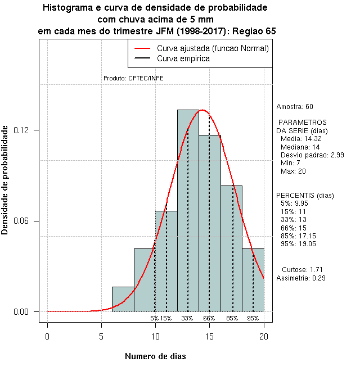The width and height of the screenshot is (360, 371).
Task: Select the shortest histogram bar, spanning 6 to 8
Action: tap(123, 299)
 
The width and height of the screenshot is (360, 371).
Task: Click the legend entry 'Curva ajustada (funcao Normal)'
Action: tap(213, 49)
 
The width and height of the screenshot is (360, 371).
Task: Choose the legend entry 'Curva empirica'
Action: tap(183, 58)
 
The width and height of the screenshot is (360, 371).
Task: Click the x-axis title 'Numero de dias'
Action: tap(155, 356)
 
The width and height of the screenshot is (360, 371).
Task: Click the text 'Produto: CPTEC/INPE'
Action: tap(134, 79)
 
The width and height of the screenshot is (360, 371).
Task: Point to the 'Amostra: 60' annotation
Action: tap(295, 107)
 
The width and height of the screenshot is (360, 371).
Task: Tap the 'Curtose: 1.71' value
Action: tap(302, 270)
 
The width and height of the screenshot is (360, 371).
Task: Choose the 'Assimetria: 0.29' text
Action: tap(301, 278)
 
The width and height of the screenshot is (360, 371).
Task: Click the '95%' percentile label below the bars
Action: tap(253, 318)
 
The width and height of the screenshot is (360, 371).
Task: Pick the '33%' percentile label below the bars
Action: tap(187, 318)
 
